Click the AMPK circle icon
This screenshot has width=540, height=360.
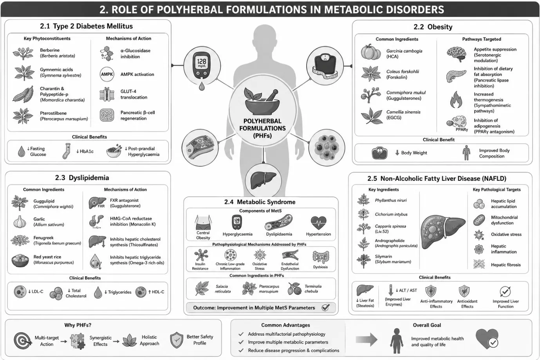[107, 74]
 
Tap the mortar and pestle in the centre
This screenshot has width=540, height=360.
[262, 101]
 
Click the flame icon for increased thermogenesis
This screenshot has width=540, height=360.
[456, 100]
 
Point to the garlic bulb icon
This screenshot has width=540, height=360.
[20, 221]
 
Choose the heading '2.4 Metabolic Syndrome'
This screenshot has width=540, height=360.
[260, 202]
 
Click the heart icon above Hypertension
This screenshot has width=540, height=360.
[318, 223]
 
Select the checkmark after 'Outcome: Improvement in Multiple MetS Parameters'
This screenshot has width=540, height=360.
[325, 308]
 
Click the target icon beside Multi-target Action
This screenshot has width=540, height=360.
[22, 340]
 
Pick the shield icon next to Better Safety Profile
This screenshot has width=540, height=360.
[177, 340]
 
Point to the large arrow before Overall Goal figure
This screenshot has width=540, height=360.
[367, 340]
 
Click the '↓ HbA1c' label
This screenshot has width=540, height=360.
[85, 151]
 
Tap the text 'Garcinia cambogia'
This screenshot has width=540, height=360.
[404, 51]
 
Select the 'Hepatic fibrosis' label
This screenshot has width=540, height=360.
[506, 265]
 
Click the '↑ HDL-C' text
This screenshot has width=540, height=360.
[156, 292]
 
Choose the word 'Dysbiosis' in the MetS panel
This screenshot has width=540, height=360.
[320, 267]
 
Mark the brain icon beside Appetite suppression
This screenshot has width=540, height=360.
[456, 54]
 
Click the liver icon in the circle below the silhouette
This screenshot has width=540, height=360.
[263, 181]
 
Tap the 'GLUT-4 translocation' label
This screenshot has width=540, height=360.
[134, 94]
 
